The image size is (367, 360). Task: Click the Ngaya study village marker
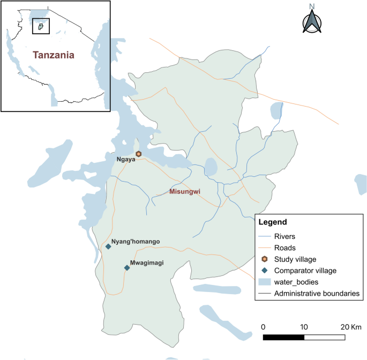tap(138, 154)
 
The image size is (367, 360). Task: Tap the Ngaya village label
tap(125, 159)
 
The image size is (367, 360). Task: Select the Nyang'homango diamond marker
tap(108, 246)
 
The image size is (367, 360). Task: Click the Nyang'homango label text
tap(136, 242)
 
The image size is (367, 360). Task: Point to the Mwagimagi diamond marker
tap(127, 268)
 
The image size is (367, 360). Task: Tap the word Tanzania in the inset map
tap(53, 55)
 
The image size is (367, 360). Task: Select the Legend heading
tap(273, 222)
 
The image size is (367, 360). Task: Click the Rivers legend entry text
tap(285, 236)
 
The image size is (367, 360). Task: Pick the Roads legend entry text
tap(284, 247)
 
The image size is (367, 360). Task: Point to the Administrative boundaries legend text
tap(317, 294)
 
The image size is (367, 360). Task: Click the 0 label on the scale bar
tap(263, 327)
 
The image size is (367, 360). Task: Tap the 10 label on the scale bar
tap(304, 327)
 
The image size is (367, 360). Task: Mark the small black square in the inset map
tap(41, 26)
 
